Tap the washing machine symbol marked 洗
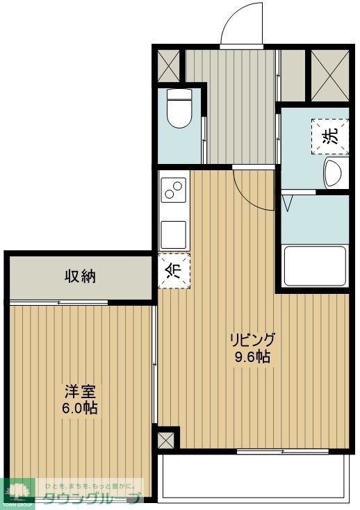[332, 135]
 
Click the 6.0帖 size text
[79, 408]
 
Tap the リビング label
[253, 340]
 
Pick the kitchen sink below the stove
[173, 230]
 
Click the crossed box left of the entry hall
[168, 66]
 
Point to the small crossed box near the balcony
[167, 439]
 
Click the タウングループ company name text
[91, 497]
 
